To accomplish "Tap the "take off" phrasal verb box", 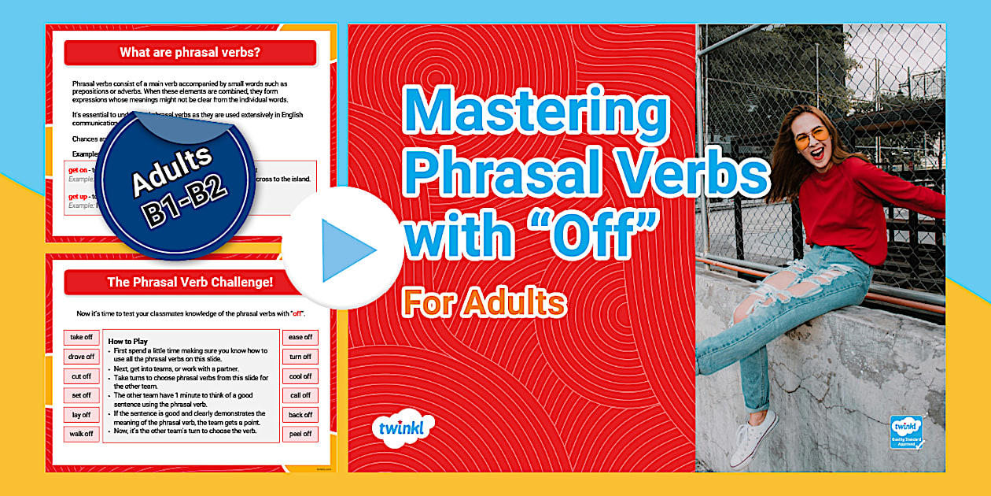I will [x=82, y=338].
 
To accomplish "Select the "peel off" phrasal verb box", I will [x=300, y=434].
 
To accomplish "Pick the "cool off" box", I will [x=300, y=376].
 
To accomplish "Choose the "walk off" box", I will [x=82, y=434].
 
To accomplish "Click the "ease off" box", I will [x=300, y=338].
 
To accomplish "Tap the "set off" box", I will [x=82, y=395].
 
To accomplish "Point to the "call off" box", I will [x=300, y=395].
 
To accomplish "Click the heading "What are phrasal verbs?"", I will [x=190, y=54].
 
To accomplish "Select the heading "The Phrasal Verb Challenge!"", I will [x=190, y=283].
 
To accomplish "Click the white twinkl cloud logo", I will [x=403, y=428].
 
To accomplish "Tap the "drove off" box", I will [x=82, y=357].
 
